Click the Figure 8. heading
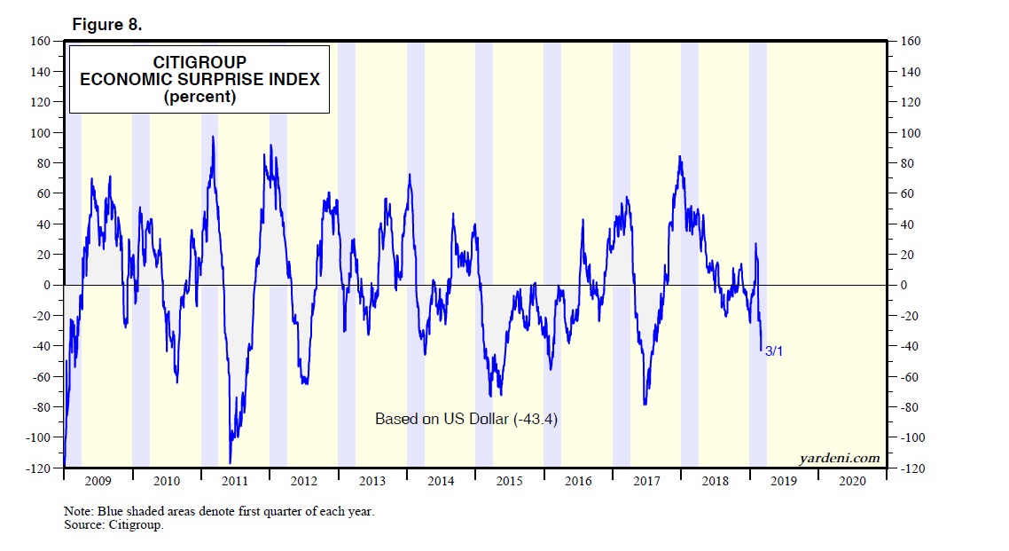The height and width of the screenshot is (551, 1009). pos(106,25)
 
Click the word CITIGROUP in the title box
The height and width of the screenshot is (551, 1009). pos(199,62)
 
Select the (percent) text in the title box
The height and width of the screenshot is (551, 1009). pos(199,98)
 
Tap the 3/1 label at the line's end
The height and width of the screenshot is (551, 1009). pos(774,352)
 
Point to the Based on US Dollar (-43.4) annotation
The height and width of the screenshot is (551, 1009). pos(466,419)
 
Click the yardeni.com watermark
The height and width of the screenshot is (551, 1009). pos(839,459)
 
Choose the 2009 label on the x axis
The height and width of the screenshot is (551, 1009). pos(98,481)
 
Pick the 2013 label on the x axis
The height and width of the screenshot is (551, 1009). pos(372,481)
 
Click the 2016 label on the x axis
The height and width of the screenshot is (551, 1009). pos(578,481)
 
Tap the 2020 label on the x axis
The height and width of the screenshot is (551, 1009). pos(852,481)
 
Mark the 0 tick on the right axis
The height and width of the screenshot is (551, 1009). pos(904,286)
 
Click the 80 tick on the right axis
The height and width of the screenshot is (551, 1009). pos(907,163)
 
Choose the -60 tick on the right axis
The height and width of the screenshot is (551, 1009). pos(910,377)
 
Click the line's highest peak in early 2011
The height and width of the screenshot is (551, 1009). pos(214,137)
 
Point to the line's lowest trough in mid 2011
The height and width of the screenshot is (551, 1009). pos(231,462)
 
